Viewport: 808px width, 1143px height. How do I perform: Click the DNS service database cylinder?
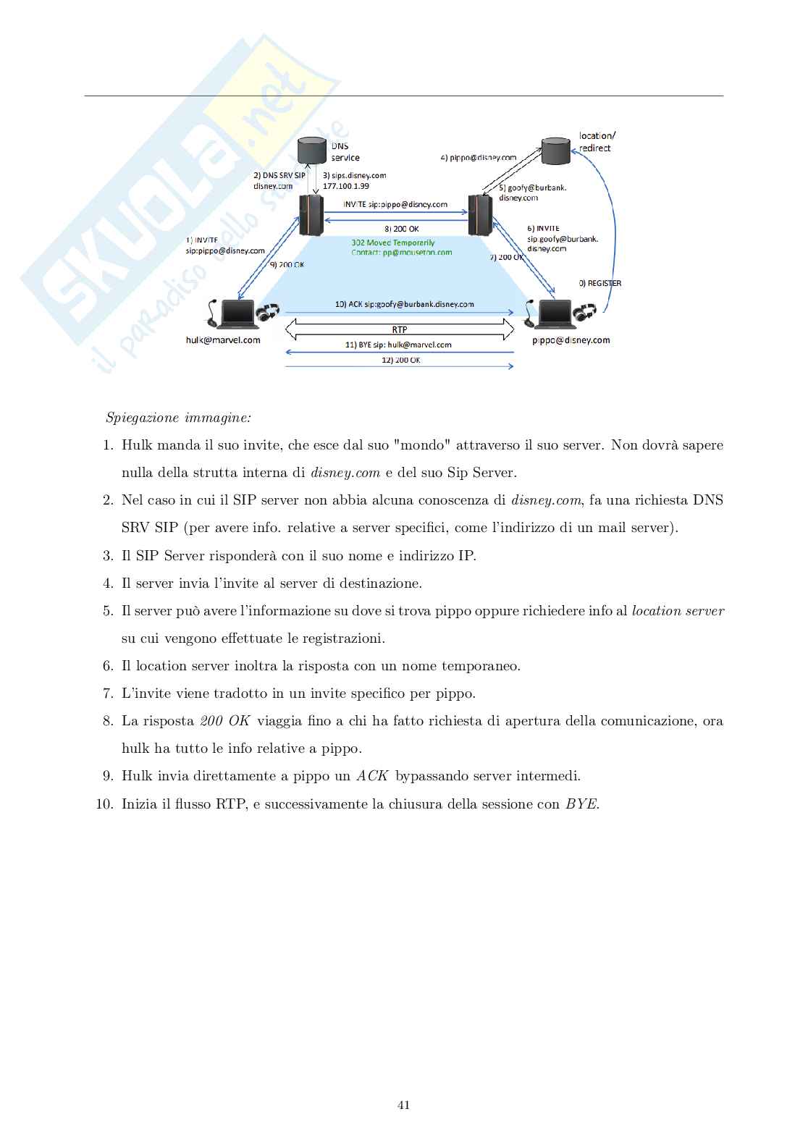[x=312, y=151]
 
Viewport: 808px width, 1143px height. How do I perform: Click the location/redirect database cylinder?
[x=556, y=151]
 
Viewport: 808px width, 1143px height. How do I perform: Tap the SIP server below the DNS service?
[x=311, y=214]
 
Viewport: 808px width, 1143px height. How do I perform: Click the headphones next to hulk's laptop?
[x=269, y=313]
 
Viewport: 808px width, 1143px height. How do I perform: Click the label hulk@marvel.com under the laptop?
[x=223, y=340]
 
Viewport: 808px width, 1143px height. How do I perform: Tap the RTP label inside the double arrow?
[x=400, y=330]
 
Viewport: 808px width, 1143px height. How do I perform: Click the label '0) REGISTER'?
[x=599, y=283]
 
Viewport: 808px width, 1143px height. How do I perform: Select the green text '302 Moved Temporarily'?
[x=393, y=242]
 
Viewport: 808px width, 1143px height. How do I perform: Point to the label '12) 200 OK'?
[x=401, y=360]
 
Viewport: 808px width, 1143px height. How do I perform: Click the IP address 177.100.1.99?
[x=346, y=186]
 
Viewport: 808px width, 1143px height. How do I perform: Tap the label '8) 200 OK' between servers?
[x=402, y=229]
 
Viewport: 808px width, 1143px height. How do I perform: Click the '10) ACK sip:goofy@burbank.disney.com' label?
[x=404, y=304]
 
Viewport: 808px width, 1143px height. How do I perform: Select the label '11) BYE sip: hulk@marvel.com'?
[x=398, y=345]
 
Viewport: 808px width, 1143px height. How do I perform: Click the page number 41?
[x=404, y=1105]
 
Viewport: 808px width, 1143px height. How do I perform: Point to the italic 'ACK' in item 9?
[x=372, y=776]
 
